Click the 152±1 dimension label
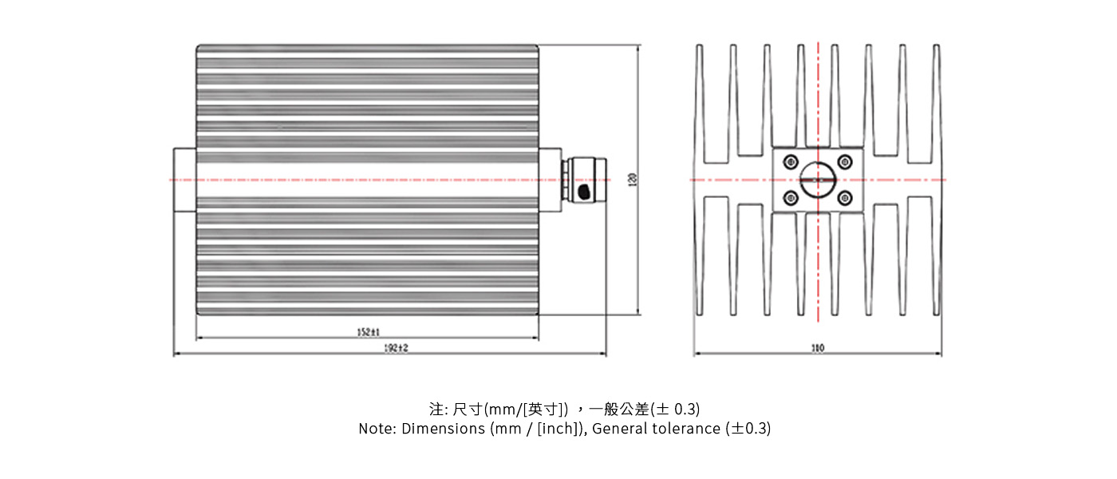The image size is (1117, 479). [368, 331]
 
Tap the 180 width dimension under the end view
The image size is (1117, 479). [817, 348]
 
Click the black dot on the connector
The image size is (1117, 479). [584, 192]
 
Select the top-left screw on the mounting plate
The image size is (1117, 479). [791, 161]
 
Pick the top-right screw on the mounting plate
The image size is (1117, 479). [845, 161]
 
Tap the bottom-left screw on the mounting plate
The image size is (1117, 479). [791, 198]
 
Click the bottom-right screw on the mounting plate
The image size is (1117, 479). [845, 198]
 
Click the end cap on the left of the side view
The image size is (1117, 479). [184, 180]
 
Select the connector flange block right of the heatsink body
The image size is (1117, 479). [550, 180]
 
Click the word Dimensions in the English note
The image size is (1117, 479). [439, 429]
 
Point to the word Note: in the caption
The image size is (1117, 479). [377, 429]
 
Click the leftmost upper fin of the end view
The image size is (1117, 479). [700, 104]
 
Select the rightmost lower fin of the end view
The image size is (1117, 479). [936, 255]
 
